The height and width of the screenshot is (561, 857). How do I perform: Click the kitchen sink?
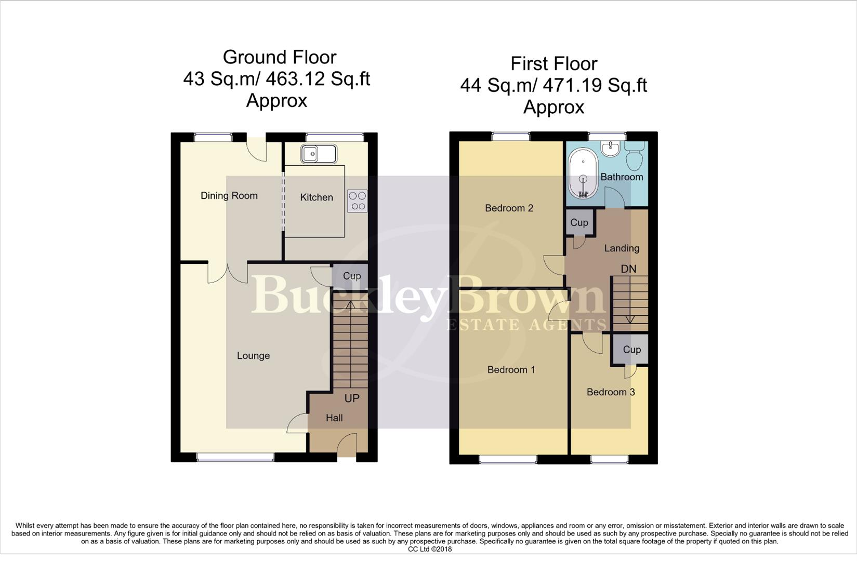[x=319, y=154]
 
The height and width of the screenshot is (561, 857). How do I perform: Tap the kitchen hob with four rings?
[x=357, y=201]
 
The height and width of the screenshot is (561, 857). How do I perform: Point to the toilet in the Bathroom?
[x=635, y=155]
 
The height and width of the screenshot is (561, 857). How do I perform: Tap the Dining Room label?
[x=229, y=196]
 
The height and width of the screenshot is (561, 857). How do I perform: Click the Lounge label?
[x=253, y=356]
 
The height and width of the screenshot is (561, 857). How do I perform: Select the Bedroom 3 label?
[x=611, y=392]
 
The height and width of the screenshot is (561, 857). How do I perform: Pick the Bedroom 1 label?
[x=511, y=370]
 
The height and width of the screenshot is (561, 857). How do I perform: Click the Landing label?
[x=622, y=248]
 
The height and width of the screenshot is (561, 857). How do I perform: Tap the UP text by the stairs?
[x=352, y=398]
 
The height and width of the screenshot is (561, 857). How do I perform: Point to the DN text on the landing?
[x=628, y=269]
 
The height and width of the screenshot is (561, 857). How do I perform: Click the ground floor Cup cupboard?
[x=351, y=276]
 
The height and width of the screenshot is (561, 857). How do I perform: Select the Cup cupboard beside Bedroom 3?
[x=631, y=350]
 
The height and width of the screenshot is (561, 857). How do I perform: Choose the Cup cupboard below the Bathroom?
[x=579, y=222]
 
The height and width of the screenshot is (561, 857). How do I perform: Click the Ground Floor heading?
[x=280, y=57]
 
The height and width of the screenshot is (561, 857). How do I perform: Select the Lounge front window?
[x=235, y=457]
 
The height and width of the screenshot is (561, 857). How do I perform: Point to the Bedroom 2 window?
[x=511, y=137]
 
